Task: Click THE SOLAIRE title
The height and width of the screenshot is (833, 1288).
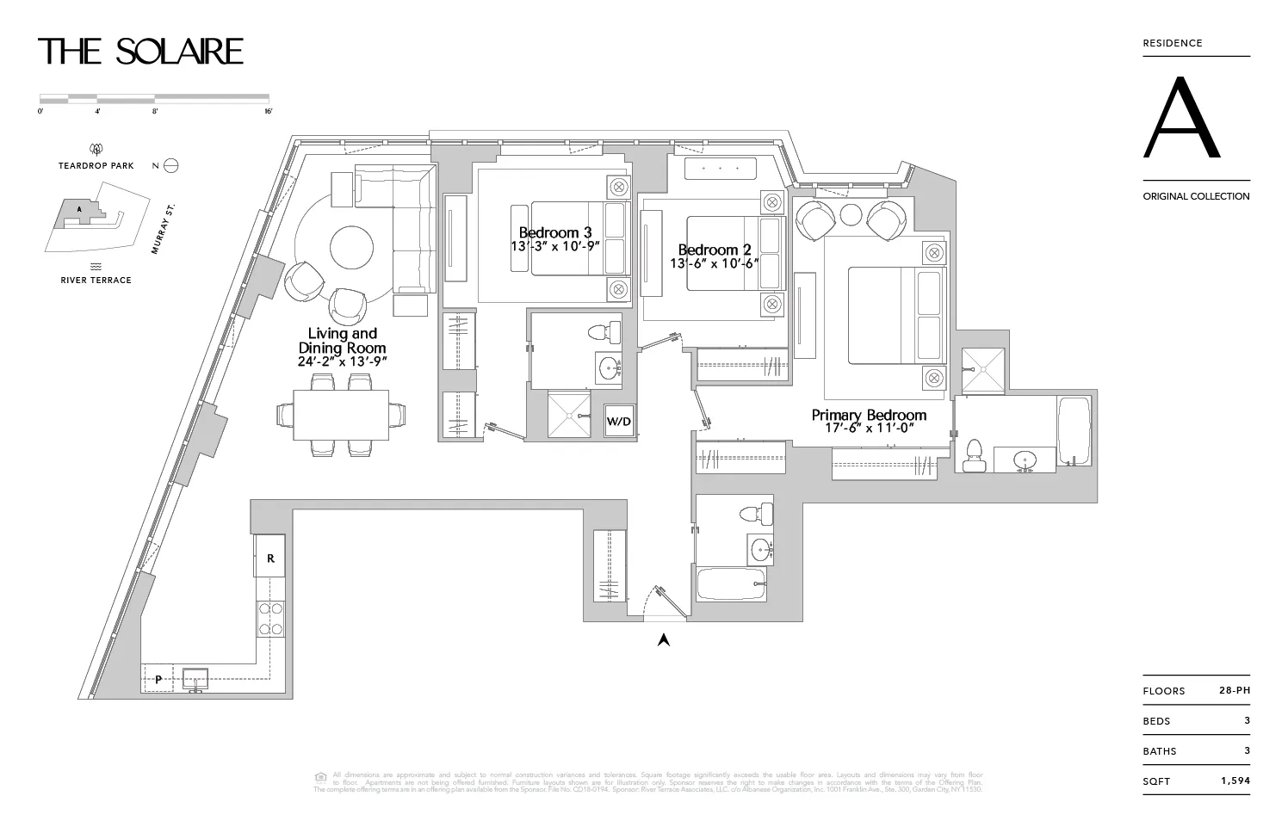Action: tap(140, 52)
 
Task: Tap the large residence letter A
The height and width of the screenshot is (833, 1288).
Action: tap(1181, 119)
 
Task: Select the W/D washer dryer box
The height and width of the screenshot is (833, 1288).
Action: tap(618, 422)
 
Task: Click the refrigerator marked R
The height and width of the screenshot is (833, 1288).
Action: tap(270, 558)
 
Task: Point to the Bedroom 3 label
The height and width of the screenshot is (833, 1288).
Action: tap(555, 232)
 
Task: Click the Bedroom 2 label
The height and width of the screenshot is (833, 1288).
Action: tap(714, 250)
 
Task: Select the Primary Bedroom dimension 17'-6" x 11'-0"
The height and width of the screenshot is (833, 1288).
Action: tap(869, 428)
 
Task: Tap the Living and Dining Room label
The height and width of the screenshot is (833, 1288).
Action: tap(343, 341)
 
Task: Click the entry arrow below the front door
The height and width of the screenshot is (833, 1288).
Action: tap(664, 639)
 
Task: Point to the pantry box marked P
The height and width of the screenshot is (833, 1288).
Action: tap(158, 679)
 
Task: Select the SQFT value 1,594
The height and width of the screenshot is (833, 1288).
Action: tap(1234, 781)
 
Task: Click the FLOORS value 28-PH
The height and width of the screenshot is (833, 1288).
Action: tap(1234, 690)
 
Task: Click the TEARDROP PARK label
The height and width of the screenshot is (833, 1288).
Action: tap(96, 165)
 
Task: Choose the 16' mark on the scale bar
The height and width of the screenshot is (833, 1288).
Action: tap(268, 111)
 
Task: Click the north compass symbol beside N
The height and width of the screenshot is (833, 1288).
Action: tap(170, 165)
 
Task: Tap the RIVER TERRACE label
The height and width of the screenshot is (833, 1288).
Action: tap(96, 280)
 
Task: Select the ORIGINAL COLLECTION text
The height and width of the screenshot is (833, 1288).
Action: tap(1196, 196)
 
